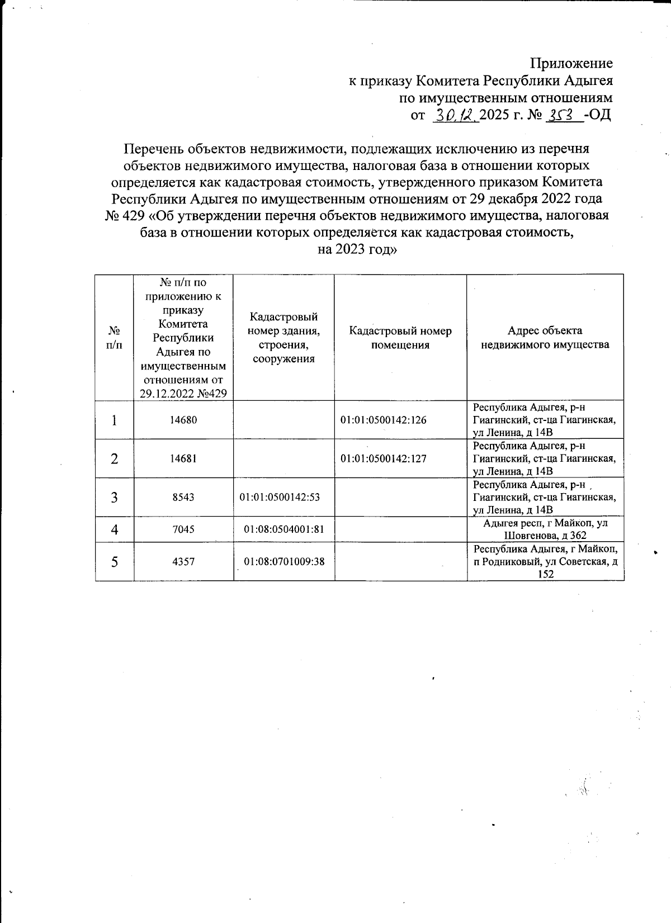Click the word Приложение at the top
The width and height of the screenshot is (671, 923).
tap(571, 63)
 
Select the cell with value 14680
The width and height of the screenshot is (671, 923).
tap(183, 420)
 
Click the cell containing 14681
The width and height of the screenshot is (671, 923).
tap(183, 458)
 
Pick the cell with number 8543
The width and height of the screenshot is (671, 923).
tap(183, 496)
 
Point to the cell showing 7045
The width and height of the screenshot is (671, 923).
tap(183, 529)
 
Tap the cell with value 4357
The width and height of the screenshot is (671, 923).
tap(183, 561)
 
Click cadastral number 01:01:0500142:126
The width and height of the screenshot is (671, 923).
tap(383, 420)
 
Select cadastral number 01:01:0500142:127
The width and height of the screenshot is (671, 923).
tap(383, 458)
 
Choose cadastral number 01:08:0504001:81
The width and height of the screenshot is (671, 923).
tap(284, 529)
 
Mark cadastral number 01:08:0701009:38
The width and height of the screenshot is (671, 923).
tap(284, 561)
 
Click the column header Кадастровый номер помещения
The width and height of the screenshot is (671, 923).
tap(400, 338)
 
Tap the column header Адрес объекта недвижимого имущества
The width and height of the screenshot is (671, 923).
tap(545, 338)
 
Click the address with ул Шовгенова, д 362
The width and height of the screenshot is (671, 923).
tap(545, 529)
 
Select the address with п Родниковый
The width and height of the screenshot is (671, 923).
tap(545, 561)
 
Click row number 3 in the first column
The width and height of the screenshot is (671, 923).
tap(114, 497)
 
